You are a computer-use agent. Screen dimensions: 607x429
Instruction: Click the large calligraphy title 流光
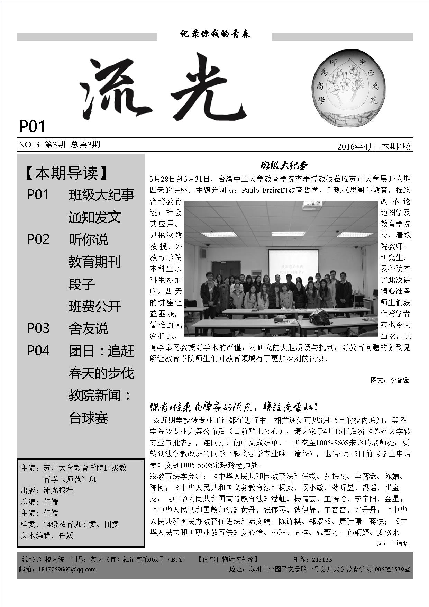(x=163, y=88)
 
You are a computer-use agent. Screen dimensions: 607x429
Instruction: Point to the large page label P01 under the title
(x=32, y=126)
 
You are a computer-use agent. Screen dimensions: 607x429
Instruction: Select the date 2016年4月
(x=356, y=146)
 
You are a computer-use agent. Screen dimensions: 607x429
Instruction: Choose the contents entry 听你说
(x=88, y=239)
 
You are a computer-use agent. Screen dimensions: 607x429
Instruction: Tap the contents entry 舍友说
(x=88, y=328)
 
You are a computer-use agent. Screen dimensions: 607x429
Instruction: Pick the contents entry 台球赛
(x=88, y=418)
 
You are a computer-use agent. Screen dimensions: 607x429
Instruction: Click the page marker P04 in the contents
(x=38, y=351)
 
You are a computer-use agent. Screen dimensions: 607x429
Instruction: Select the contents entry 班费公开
(x=94, y=306)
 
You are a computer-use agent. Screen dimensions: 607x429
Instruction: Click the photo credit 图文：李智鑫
(x=390, y=380)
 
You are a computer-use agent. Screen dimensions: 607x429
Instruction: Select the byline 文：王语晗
(x=393, y=543)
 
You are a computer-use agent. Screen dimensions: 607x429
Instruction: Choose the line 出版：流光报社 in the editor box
(x=47, y=490)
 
